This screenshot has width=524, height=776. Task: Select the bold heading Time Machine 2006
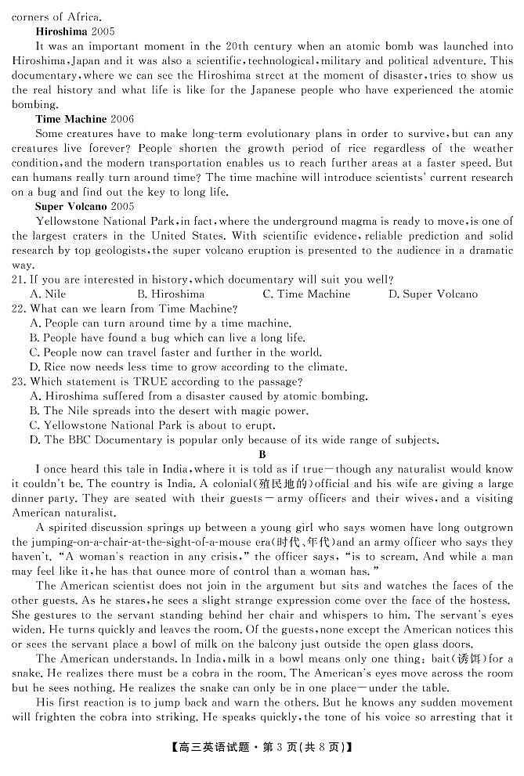click(85, 119)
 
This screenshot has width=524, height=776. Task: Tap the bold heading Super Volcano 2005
click(85, 206)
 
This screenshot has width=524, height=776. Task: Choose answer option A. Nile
click(47, 294)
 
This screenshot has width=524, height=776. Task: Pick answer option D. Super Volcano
click(433, 294)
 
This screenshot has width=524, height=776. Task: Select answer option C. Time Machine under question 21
click(306, 294)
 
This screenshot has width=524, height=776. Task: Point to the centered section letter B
click(262, 454)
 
